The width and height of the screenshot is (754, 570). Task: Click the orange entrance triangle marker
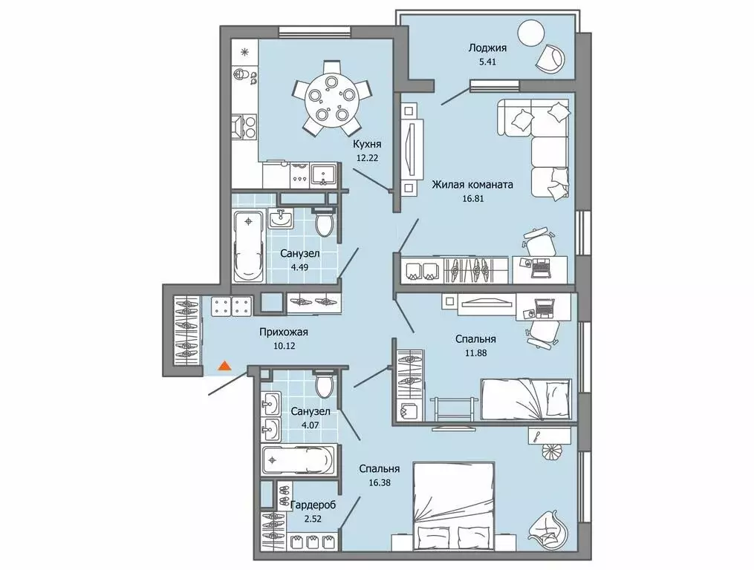coord(224,366)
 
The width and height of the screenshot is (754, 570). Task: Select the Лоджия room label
coord(487,48)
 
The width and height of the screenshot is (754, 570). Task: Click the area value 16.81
coord(472,197)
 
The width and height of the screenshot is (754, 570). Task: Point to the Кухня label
coord(367,144)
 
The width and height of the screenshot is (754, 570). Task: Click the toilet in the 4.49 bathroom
coord(325,223)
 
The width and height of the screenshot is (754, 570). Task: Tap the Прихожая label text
coord(283,332)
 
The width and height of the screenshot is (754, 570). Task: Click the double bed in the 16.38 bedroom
coord(454,499)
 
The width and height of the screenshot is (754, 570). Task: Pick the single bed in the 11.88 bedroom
coord(526,399)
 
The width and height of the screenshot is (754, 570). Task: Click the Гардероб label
coord(313,505)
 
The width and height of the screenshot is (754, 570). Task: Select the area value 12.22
coord(367,157)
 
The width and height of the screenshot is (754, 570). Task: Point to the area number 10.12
coord(283,346)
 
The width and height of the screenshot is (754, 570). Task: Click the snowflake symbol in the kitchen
coord(245,52)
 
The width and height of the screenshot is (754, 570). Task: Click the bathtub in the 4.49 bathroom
coord(248,246)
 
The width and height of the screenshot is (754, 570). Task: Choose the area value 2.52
coord(313,519)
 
